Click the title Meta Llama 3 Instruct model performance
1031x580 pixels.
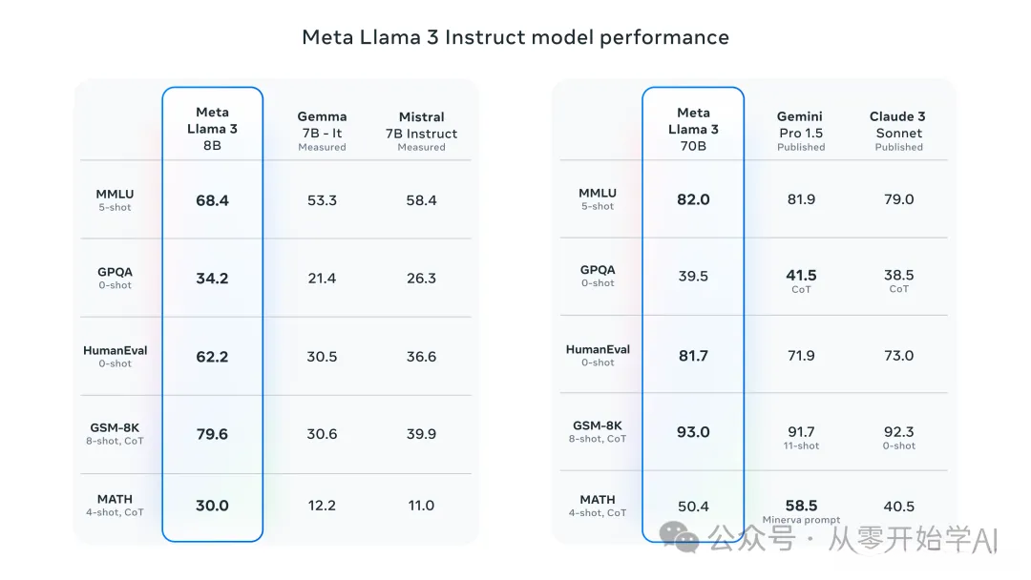[x=515, y=37]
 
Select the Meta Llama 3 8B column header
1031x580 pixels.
[x=212, y=129]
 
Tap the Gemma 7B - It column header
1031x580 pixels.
[x=322, y=131]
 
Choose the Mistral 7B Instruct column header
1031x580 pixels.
[x=421, y=131]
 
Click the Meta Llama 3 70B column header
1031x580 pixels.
[x=693, y=129]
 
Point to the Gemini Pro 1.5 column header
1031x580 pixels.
[x=800, y=131]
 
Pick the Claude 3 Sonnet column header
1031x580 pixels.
[x=898, y=131]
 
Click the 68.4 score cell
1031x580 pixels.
[x=212, y=200]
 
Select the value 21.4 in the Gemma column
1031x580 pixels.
[x=322, y=279]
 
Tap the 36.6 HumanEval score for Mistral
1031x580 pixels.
[x=421, y=357]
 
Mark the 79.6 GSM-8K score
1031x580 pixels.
[x=212, y=434]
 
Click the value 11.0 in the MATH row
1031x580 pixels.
[x=421, y=506]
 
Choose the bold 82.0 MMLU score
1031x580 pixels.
[x=693, y=199]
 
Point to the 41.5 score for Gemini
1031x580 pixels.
[x=801, y=276]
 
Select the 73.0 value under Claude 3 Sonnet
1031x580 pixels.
[x=898, y=355]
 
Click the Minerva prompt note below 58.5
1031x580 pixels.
[x=801, y=520]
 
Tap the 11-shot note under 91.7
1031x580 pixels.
[x=801, y=445]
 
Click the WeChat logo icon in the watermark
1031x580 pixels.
[x=685, y=540]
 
